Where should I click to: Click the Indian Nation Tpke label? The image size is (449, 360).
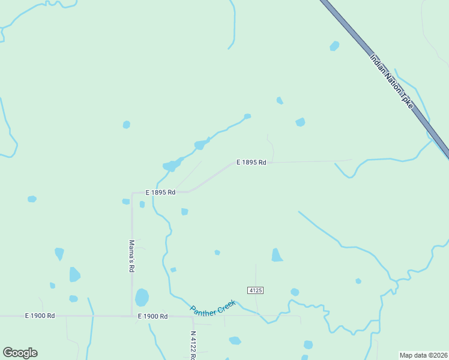[x=391, y=82]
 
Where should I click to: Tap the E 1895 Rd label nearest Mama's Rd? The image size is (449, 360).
[x=160, y=193]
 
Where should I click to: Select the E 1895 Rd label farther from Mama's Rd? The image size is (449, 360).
[x=251, y=162]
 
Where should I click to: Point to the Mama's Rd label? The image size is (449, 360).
[x=131, y=256]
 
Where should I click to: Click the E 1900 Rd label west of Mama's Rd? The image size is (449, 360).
[x=40, y=316]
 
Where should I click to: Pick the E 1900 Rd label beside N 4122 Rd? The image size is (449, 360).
[x=152, y=316]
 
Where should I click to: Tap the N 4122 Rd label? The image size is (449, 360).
[x=193, y=345]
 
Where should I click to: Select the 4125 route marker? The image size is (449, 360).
[x=255, y=290]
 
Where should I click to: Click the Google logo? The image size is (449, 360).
[x=20, y=353]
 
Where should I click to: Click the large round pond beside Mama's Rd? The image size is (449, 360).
[x=142, y=297]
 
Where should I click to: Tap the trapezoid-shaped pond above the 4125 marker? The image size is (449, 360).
[x=276, y=255]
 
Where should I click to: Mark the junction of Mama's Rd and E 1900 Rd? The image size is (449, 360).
[x=132, y=316]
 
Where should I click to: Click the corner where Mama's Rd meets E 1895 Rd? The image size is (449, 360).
[x=133, y=193]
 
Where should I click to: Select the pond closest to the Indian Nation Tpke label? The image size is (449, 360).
[x=334, y=46]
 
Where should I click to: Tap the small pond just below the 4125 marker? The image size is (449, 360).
[x=294, y=292]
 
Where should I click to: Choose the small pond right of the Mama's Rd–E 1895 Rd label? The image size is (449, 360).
[x=184, y=212]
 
